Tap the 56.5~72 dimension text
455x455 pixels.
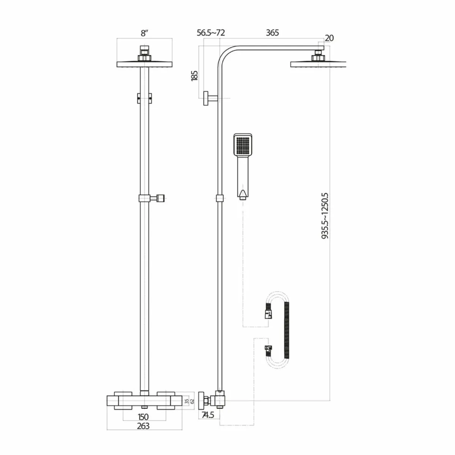[211, 33]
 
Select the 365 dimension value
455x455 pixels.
[272, 33]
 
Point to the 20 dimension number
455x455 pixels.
[329, 38]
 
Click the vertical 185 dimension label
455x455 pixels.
[195, 75]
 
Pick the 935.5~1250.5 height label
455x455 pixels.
[325, 216]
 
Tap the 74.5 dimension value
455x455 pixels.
[208, 415]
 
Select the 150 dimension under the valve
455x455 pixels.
[144, 417]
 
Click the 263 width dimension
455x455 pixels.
[144, 426]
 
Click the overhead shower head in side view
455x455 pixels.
[318, 63]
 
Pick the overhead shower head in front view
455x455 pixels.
[144, 63]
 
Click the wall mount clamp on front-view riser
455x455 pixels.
[144, 98]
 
